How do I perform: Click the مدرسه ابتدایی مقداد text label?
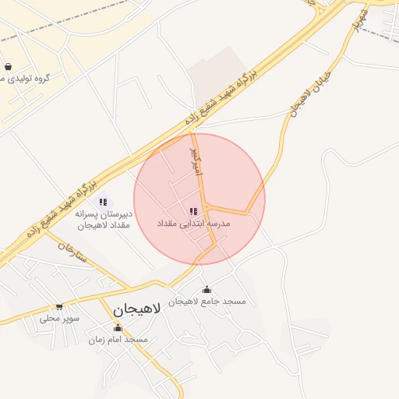click(192, 224)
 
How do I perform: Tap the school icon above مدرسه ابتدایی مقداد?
click(192, 211)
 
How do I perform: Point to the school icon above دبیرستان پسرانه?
click(104, 202)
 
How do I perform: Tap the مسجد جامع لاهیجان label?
click(207, 302)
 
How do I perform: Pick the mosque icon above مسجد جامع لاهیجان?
click(206, 290)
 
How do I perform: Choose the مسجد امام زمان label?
click(118, 340)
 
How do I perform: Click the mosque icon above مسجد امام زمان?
click(118, 328)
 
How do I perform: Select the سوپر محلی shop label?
click(61, 318)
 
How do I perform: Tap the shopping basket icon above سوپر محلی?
click(59, 306)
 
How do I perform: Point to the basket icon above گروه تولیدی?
click(8, 67)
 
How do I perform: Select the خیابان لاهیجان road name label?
click(300, 96)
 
